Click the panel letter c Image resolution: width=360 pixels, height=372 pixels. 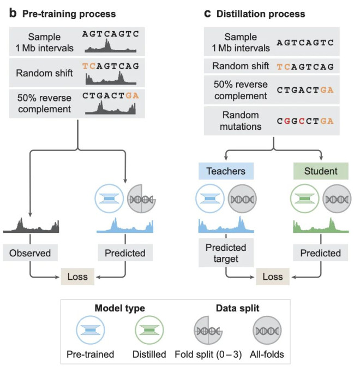[207, 14]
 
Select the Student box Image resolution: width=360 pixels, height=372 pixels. [321, 171]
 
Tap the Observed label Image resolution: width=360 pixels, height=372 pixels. [30, 253]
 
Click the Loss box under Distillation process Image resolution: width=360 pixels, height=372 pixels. [273, 277]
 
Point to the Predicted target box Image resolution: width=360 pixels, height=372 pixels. [226, 253]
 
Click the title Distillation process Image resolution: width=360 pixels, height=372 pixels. [262, 14]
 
